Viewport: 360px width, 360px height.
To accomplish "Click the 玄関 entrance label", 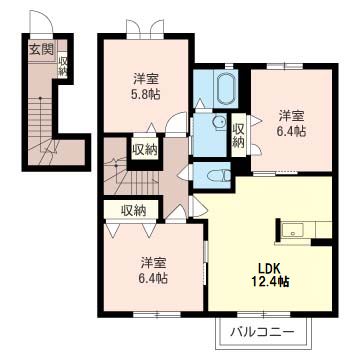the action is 41,50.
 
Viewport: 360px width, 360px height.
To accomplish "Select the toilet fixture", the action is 219,175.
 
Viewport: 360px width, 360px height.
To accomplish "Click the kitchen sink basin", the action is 292,230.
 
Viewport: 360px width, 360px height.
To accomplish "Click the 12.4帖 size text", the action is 269,282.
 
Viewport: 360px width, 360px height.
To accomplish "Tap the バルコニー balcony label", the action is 263,332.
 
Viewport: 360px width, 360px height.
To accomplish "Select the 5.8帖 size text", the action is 147,94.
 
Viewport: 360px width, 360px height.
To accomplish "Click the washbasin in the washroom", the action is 219,122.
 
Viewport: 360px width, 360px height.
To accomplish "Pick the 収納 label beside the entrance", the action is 62,66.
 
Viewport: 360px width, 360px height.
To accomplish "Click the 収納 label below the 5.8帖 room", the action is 144,150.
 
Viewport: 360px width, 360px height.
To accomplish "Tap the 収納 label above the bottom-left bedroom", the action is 133,210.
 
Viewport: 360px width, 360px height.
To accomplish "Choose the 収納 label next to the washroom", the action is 238,136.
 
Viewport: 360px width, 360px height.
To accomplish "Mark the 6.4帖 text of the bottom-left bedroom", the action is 153,278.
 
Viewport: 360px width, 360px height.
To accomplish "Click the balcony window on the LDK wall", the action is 264,314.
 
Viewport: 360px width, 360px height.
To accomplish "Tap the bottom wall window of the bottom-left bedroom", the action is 157,314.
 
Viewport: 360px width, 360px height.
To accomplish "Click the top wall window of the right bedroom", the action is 285,67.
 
